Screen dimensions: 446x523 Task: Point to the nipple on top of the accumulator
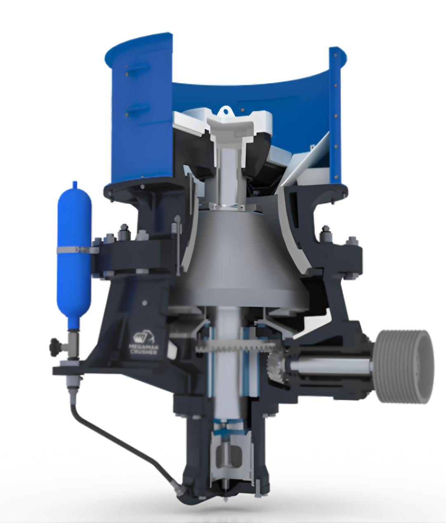[75, 185]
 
